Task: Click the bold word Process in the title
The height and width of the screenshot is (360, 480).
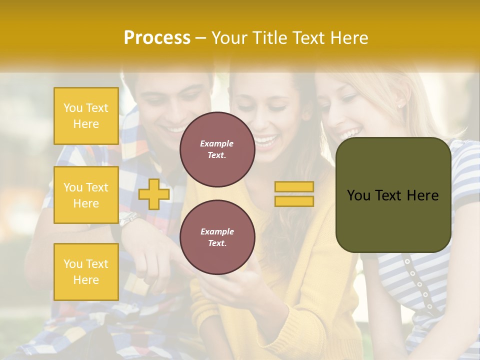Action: click(157, 38)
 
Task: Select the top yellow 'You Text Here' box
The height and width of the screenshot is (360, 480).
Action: click(86, 116)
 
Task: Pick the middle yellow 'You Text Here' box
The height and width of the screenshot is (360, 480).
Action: click(86, 195)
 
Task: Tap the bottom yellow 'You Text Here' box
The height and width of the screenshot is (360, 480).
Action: click(86, 272)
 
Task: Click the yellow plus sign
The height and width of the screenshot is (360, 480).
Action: click(154, 194)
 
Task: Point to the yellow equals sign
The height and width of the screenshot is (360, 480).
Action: click(294, 194)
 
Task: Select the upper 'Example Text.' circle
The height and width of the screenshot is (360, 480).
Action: click(217, 149)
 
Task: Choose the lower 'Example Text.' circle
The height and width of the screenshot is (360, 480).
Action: click(217, 237)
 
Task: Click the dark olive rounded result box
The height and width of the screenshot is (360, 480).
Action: click(393, 195)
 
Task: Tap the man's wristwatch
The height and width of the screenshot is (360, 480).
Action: click(127, 219)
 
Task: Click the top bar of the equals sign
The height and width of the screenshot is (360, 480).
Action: click(294, 187)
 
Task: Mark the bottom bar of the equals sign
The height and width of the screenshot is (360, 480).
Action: click(294, 201)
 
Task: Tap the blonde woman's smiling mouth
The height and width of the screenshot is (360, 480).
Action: click(350, 134)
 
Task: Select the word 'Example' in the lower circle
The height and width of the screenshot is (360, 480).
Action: click(217, 231)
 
